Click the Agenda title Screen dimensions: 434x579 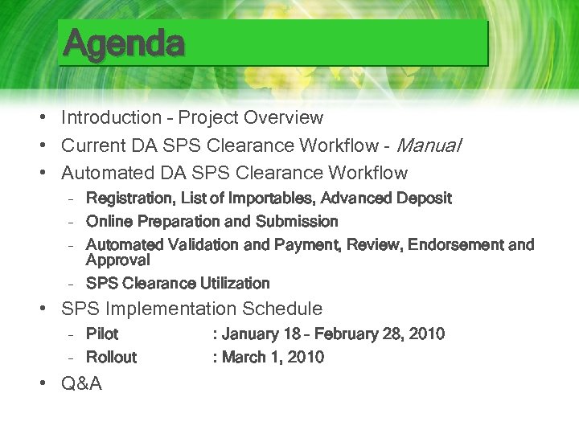(x=125, y=43)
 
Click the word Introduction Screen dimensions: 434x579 (x=112, y=117)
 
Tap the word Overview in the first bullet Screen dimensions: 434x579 (x=284, y=117)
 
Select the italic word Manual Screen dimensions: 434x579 (x=429, y=145)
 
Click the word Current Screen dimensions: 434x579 (x=92, y=145)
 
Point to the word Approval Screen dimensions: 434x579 (x=117, y=260)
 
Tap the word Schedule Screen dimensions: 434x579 (x=283, y=309)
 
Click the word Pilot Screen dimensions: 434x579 (x=102, y=334)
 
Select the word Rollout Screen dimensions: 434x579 (x=111, y=357)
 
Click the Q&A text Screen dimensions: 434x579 (x=82, y=384)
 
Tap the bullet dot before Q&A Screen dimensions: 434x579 (x=40, y=384)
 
